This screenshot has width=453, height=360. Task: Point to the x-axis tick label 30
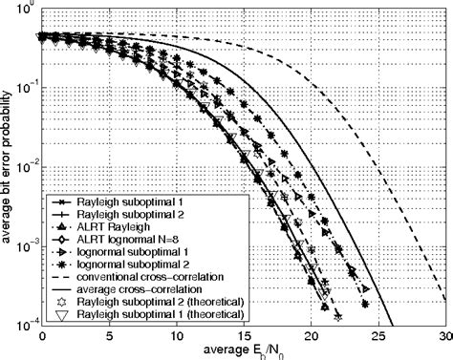(445, 337)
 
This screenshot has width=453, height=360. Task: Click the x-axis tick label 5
(109, 337)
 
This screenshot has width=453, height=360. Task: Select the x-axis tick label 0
(42, 337)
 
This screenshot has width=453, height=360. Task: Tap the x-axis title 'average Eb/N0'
(243, 351)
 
